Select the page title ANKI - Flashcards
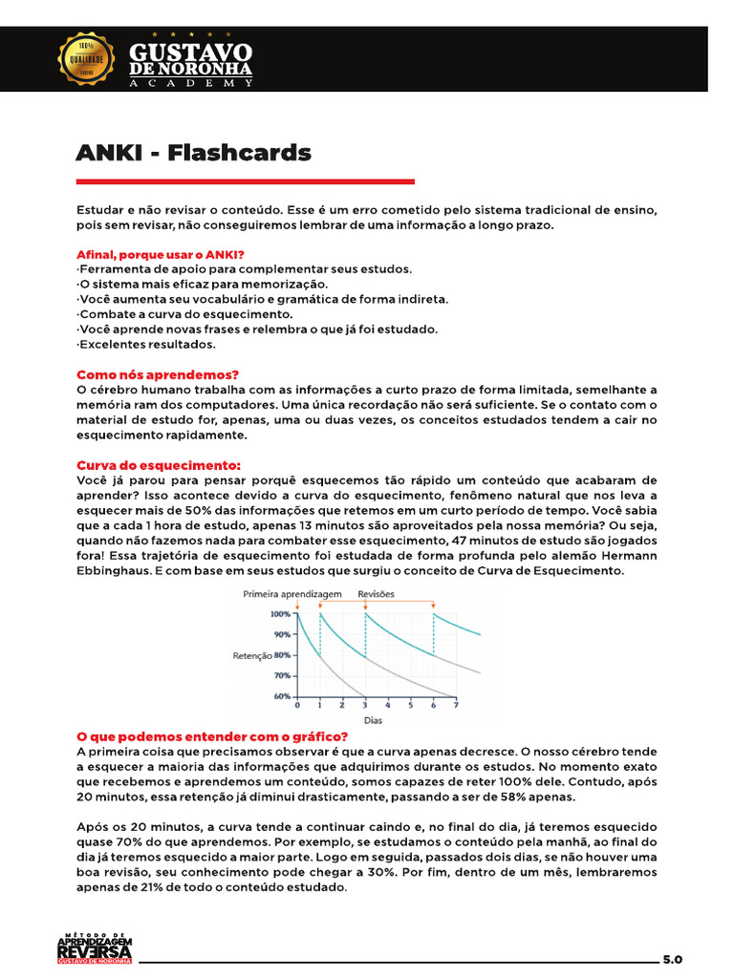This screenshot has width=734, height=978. tap(193, 153)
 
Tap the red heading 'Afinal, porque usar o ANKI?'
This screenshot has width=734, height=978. tap(160, 255)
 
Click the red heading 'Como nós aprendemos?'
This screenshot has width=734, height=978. tap(157, 374)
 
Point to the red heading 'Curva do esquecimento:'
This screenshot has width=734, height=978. tap(158, 464)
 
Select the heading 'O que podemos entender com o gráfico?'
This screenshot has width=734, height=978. tap(211, 736)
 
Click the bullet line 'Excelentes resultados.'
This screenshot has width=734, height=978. tap(146, 344)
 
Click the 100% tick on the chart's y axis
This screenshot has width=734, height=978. tap(281, 613)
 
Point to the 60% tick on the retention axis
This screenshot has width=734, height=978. tap(281, 697)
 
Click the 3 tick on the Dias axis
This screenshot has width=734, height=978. tap(365, 706)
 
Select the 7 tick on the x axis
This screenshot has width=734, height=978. tap(456, 706)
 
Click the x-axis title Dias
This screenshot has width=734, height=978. tap(376, 719)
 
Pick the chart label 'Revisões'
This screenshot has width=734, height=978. tap(376, 593)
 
